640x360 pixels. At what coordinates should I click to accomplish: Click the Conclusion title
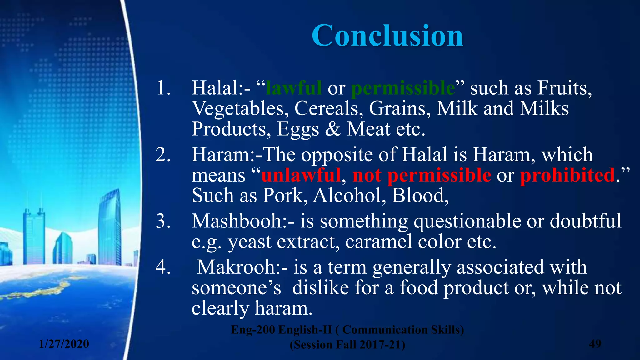tap(387, 36)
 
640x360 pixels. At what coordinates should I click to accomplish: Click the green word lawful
tap(293, 88)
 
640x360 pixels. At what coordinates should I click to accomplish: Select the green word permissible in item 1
tap(403, 88)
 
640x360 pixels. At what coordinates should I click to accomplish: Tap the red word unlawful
tap(301, 175)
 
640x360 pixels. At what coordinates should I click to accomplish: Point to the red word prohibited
tap(567, 175)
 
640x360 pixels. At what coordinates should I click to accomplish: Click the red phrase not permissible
tap(422, 175)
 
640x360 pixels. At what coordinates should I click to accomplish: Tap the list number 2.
tap(163, 154)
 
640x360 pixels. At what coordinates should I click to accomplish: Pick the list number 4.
tap(163, 267)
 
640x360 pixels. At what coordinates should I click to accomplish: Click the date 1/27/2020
tap(64, 344)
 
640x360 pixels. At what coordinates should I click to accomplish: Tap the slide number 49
tap(595, 344)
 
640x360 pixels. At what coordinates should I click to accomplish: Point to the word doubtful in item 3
tap(585, 221)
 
